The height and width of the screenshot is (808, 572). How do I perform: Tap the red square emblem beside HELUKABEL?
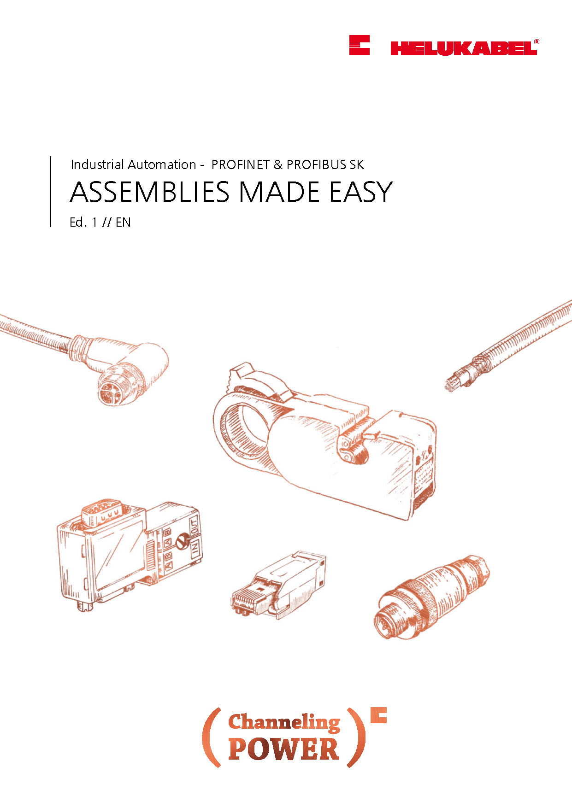pyautogui.click(x=360, y=45)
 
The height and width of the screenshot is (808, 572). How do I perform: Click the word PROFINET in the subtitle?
pyautogui.click(x=240, y=164)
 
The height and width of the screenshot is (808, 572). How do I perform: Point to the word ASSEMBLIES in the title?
pyautogui.click(x=150, y=192)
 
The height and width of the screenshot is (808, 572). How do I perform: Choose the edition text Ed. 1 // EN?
pyautogui.click(x=100, y=222)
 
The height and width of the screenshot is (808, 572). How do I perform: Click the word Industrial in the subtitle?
pyautogui.click(x=97, y=164)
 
